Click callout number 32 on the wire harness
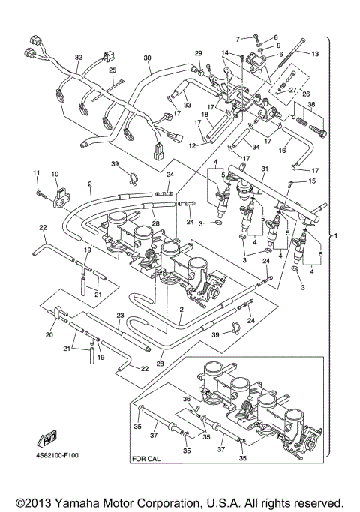click(78, 57)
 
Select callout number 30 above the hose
click(147, 58)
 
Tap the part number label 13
click(315, 54)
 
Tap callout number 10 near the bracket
click(54, 174)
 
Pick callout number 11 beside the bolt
click(35, 174)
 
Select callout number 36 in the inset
click(187, 400)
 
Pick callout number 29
click(199, 52)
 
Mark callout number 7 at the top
click(238, 38)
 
